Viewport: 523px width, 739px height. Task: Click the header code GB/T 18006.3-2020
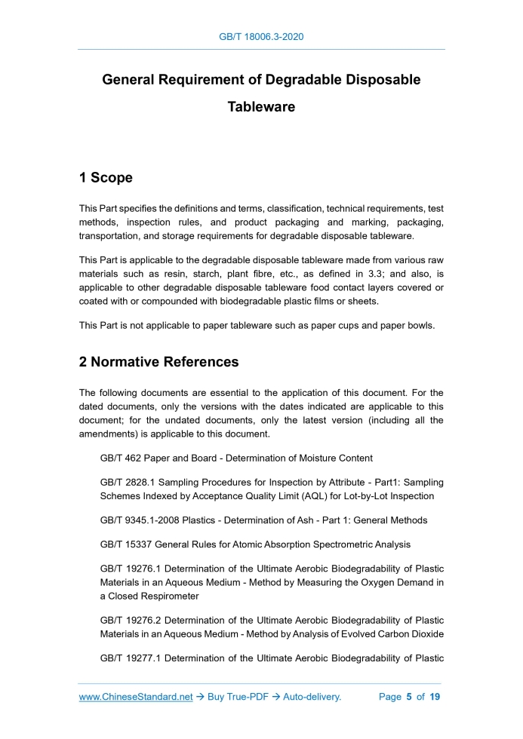pos(261,36)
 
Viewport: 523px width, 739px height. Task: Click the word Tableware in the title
pos(261,107)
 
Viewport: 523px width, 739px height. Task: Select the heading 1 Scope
pos(106,178)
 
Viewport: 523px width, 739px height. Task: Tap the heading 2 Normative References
pos(158,362)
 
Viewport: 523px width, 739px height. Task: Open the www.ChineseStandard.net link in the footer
pos(136,697)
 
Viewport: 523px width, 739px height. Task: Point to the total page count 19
pos(435,697)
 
